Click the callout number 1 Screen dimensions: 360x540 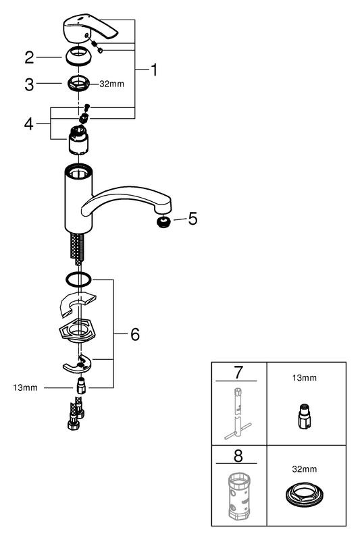(x=154, y=70)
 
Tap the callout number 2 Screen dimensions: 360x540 (x=29, y=57)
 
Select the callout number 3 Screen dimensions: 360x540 (x=29, y=84)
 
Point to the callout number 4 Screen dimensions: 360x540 (x=29, y=124)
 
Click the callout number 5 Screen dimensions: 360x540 (x=192, y=219)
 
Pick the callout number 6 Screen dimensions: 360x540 (x=135, y=334)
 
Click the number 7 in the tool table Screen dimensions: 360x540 (x=238, y=373)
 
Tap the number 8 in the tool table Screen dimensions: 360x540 (x=238, y=456)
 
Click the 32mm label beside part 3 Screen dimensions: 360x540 (x=111, y=84)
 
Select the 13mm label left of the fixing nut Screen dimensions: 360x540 (x=25, y=387)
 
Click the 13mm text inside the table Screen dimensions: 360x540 (x=304, y=378)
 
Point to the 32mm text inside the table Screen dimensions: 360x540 (x=304, y=468)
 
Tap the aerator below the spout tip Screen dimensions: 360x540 (x=163, y=222)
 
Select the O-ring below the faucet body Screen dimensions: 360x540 (x=79, y=279)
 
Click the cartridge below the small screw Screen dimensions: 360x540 (x=78, y=140)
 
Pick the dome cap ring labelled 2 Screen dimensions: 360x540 (x=79, y=56)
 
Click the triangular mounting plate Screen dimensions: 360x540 (x=78, y=331)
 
